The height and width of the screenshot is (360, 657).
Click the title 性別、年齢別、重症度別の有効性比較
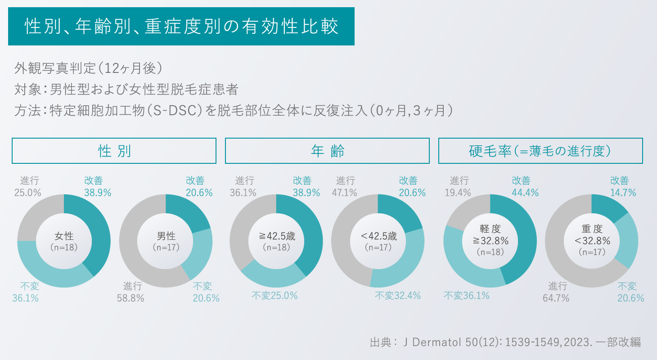[181, 27]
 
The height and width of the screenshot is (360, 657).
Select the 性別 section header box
[114, 151]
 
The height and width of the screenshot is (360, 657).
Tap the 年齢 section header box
[327, 151]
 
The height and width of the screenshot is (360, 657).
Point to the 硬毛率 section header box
[540, 151]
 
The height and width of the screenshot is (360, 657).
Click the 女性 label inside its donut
[64, 236]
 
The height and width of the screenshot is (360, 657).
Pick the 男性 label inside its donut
[166, 236]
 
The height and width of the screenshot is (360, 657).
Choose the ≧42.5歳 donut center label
[276, 236]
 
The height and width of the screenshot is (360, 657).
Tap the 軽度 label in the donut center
[490, 229]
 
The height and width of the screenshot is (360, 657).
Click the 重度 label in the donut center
[591, 229]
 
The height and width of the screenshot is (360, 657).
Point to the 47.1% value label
[345, 193]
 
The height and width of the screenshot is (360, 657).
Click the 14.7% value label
[623, 193]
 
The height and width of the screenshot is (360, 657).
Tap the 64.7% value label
[558, 298]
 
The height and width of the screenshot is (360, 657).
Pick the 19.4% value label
[459, 193]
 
